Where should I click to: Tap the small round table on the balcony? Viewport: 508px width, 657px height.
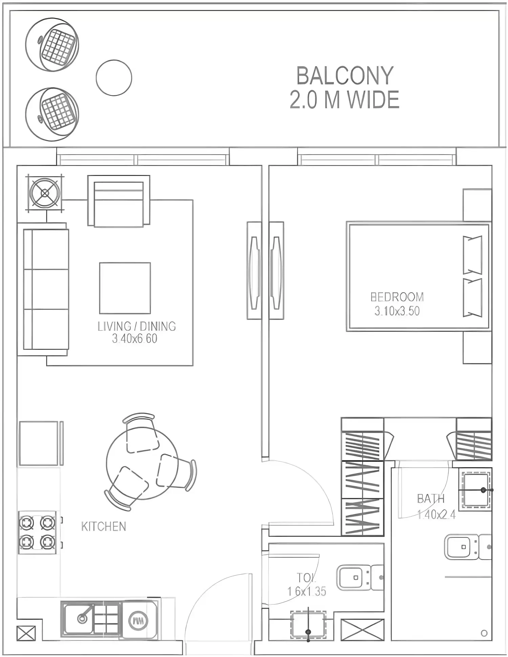coord(114,78)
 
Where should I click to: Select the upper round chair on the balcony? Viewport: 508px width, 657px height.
coord(52,45)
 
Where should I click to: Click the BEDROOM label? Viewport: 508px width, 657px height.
coord(397,297)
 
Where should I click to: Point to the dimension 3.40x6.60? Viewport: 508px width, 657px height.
coord(134,339)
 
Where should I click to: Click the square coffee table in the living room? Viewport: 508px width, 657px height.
coord(125,288)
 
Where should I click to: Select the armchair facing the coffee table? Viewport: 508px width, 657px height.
coord(119,201)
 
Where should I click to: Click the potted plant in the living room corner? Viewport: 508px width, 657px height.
coord(45,193)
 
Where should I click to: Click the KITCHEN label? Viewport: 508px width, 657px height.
coord(103,526)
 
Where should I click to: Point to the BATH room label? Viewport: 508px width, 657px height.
coord(430,499)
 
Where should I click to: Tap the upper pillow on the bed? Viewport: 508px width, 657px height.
coord(472,255)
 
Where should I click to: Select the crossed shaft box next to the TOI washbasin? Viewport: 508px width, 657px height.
coord(362,630)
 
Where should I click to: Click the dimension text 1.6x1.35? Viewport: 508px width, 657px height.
coord(306,591)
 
